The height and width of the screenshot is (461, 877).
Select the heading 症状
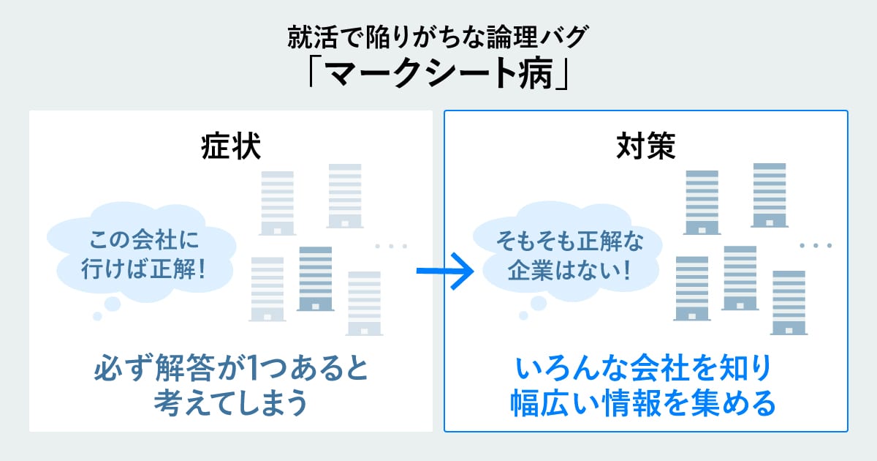click(x=230, y=146)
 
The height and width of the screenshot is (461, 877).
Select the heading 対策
click(x=645, y=146)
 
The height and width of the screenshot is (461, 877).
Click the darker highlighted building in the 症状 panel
click(x=315, y=278)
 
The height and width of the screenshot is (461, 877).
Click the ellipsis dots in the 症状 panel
click(x=391, y=246)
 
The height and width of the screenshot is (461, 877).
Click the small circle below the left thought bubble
click(x=97, y=316)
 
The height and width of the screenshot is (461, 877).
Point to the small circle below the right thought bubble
click(x=523, y=316)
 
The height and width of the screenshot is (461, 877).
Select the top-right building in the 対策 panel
click(x=769, y=194)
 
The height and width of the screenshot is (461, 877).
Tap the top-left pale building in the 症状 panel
click(x=277, y=202)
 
